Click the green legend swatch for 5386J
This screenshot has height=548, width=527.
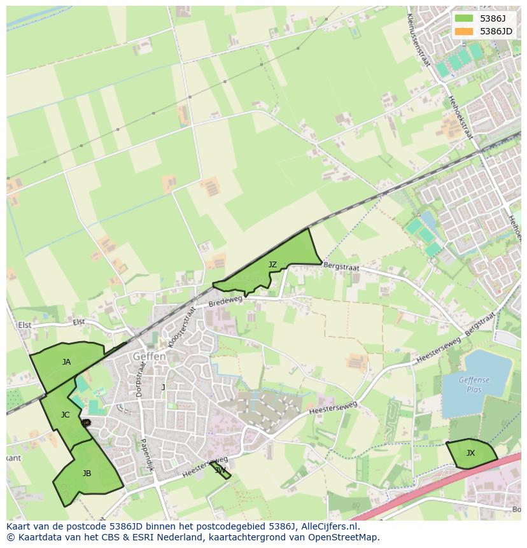464,18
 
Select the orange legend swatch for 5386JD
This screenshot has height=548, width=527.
464,31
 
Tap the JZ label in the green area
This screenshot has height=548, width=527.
272,264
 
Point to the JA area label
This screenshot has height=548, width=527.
66,362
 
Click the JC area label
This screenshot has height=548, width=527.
65,415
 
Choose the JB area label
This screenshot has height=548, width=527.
87,474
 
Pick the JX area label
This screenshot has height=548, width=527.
470,453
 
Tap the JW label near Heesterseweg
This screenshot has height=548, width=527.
220,470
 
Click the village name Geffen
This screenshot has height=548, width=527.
150,357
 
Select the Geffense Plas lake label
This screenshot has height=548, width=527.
474,384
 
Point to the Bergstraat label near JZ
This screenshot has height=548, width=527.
341,265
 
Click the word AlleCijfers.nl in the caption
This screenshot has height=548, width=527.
330,526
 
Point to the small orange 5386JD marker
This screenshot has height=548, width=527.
86,422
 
